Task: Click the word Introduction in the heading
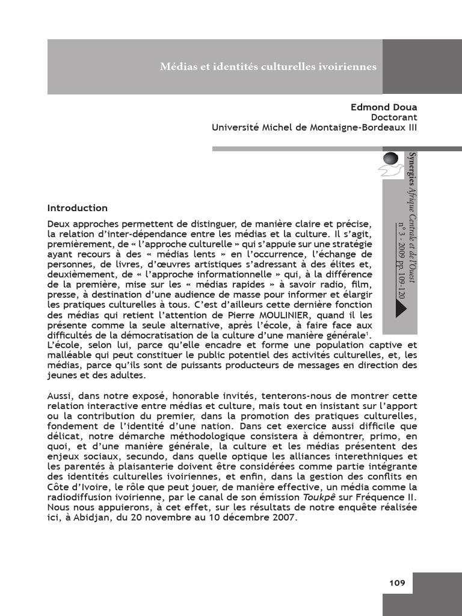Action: [77, 208]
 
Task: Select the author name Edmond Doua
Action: [384, 107]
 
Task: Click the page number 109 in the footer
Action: [397, 582]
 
